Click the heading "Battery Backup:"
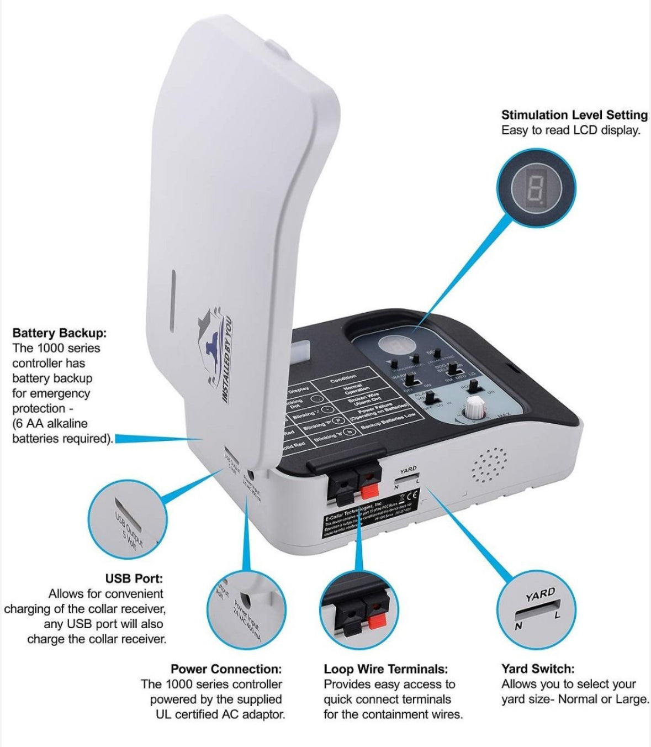(59, 333)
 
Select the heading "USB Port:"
(134, 578)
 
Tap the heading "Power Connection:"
(226, 669)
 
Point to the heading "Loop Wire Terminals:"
(386, 669)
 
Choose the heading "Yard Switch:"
(538, 669)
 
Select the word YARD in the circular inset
(540, 595)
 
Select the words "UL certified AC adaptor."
(220, 714)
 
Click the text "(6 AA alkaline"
(50, 423)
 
